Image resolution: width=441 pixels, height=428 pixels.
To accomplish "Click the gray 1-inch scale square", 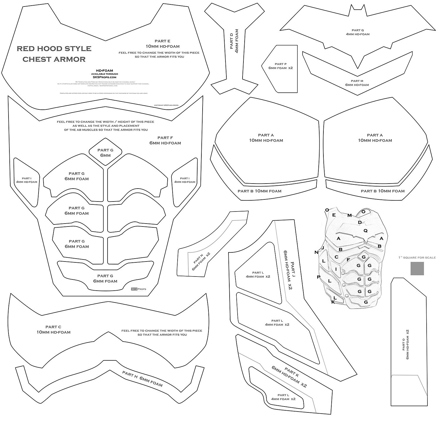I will coord(417,268).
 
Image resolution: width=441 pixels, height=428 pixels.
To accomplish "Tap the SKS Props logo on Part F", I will coord(138,289).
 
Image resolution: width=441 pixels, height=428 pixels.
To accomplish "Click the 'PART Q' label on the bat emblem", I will coord(358,30).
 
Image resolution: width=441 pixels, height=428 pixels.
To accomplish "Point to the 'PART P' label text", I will coord(280,64).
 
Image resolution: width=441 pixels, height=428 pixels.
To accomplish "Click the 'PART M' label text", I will coord(357,81).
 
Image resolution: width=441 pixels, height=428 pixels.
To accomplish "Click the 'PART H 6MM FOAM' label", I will coord(142,378).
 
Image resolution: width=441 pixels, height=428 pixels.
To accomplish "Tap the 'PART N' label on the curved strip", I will coord(198,259).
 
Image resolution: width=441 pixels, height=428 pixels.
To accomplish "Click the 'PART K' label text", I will coord(292,373).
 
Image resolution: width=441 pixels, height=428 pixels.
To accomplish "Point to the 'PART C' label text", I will coord(53,327).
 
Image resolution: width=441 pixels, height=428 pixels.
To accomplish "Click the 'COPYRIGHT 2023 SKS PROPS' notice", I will coord(168,105).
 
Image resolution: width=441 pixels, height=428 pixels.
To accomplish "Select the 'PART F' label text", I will coord(165,138).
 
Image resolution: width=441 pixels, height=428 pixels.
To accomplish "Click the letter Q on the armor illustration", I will coord(365,231).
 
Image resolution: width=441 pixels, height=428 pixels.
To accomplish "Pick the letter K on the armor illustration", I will coord(333,302).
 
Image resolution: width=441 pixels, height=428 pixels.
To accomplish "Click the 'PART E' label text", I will coord(162,41).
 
